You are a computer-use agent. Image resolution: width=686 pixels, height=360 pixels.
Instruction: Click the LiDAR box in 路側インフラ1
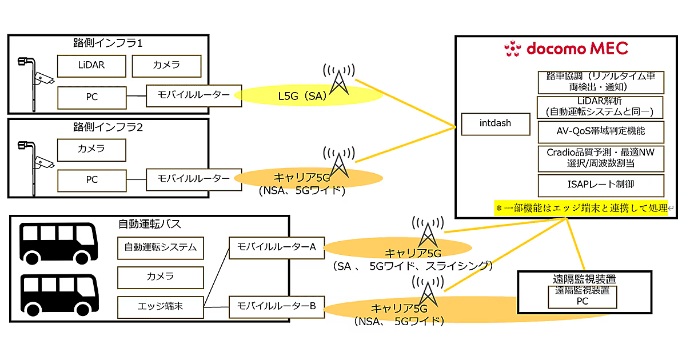91,66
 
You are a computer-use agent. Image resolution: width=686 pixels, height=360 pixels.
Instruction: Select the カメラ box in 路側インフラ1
166,66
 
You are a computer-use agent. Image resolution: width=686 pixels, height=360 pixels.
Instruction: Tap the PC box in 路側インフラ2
91,179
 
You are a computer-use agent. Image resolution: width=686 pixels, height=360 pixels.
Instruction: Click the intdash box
495,123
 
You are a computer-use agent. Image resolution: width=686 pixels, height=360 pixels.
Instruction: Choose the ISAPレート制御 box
601,185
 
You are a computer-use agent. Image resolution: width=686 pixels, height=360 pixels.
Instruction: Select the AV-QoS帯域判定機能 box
601,131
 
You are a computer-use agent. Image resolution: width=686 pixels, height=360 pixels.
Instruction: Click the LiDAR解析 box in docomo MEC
601,107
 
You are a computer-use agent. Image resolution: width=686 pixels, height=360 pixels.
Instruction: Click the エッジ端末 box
161,307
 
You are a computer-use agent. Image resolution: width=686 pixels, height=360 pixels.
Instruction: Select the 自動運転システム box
161,247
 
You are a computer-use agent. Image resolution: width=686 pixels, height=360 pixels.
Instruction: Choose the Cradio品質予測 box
601,158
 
